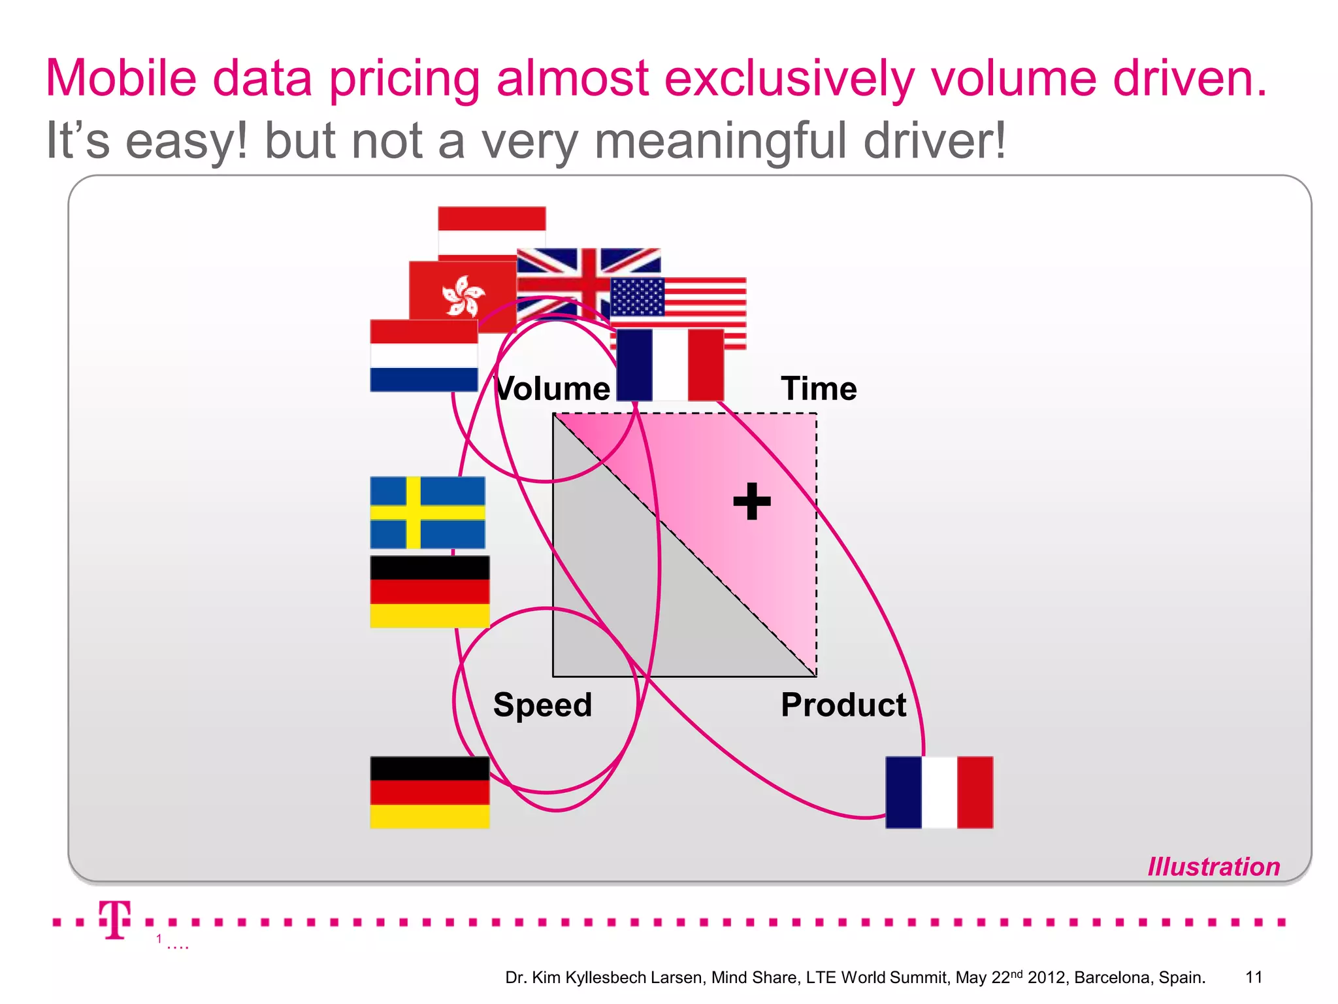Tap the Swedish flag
point(427,512)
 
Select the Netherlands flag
point(423,356)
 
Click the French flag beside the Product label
point(939,792)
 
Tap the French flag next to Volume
point(670,365)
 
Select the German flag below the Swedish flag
point(429,592)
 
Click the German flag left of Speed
point(429,792)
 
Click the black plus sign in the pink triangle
point(752,501)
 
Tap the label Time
point(819,388)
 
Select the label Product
point(843,705)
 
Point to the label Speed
point(542,705)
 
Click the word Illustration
point(1213,867)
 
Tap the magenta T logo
point(116,920)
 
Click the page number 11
point(1254,977)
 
